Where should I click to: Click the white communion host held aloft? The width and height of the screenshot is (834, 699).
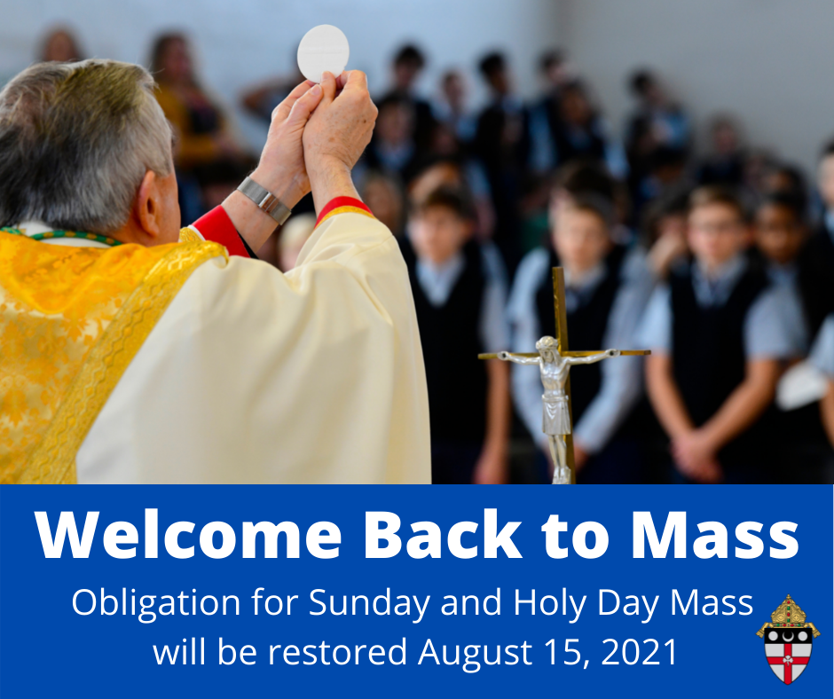pyautogui.click(x=323, y=52)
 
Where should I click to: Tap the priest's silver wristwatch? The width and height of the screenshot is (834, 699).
pyautogui.click(x=264, y=200)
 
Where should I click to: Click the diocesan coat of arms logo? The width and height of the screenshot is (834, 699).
pyautogui.click(x=788, y=639)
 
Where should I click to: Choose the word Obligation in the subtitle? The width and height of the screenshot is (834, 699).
pyautogui.click(x=156, y=603)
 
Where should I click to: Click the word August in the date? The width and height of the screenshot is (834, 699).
pyautogui.click(x=475, y=653)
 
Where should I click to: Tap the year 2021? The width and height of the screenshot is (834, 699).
pyautogui.click(x=640, y=652)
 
